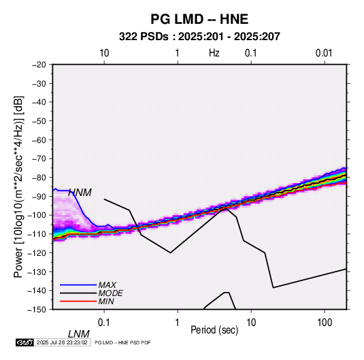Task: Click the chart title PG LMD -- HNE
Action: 199,19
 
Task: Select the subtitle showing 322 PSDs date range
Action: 199,37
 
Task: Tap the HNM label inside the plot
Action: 80,193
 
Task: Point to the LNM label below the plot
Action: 79,334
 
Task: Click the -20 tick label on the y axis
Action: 39,65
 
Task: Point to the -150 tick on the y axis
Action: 37,310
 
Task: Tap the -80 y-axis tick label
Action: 39,178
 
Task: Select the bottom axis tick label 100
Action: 325,323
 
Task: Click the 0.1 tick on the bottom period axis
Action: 104,323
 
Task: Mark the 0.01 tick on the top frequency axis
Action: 324,53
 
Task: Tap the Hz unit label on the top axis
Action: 214,53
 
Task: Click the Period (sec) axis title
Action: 214,330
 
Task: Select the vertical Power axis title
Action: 18,186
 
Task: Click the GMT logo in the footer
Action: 24,342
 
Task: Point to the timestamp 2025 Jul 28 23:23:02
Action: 62,342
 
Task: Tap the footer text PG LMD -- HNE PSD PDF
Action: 122,342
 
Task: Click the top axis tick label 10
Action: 104,53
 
